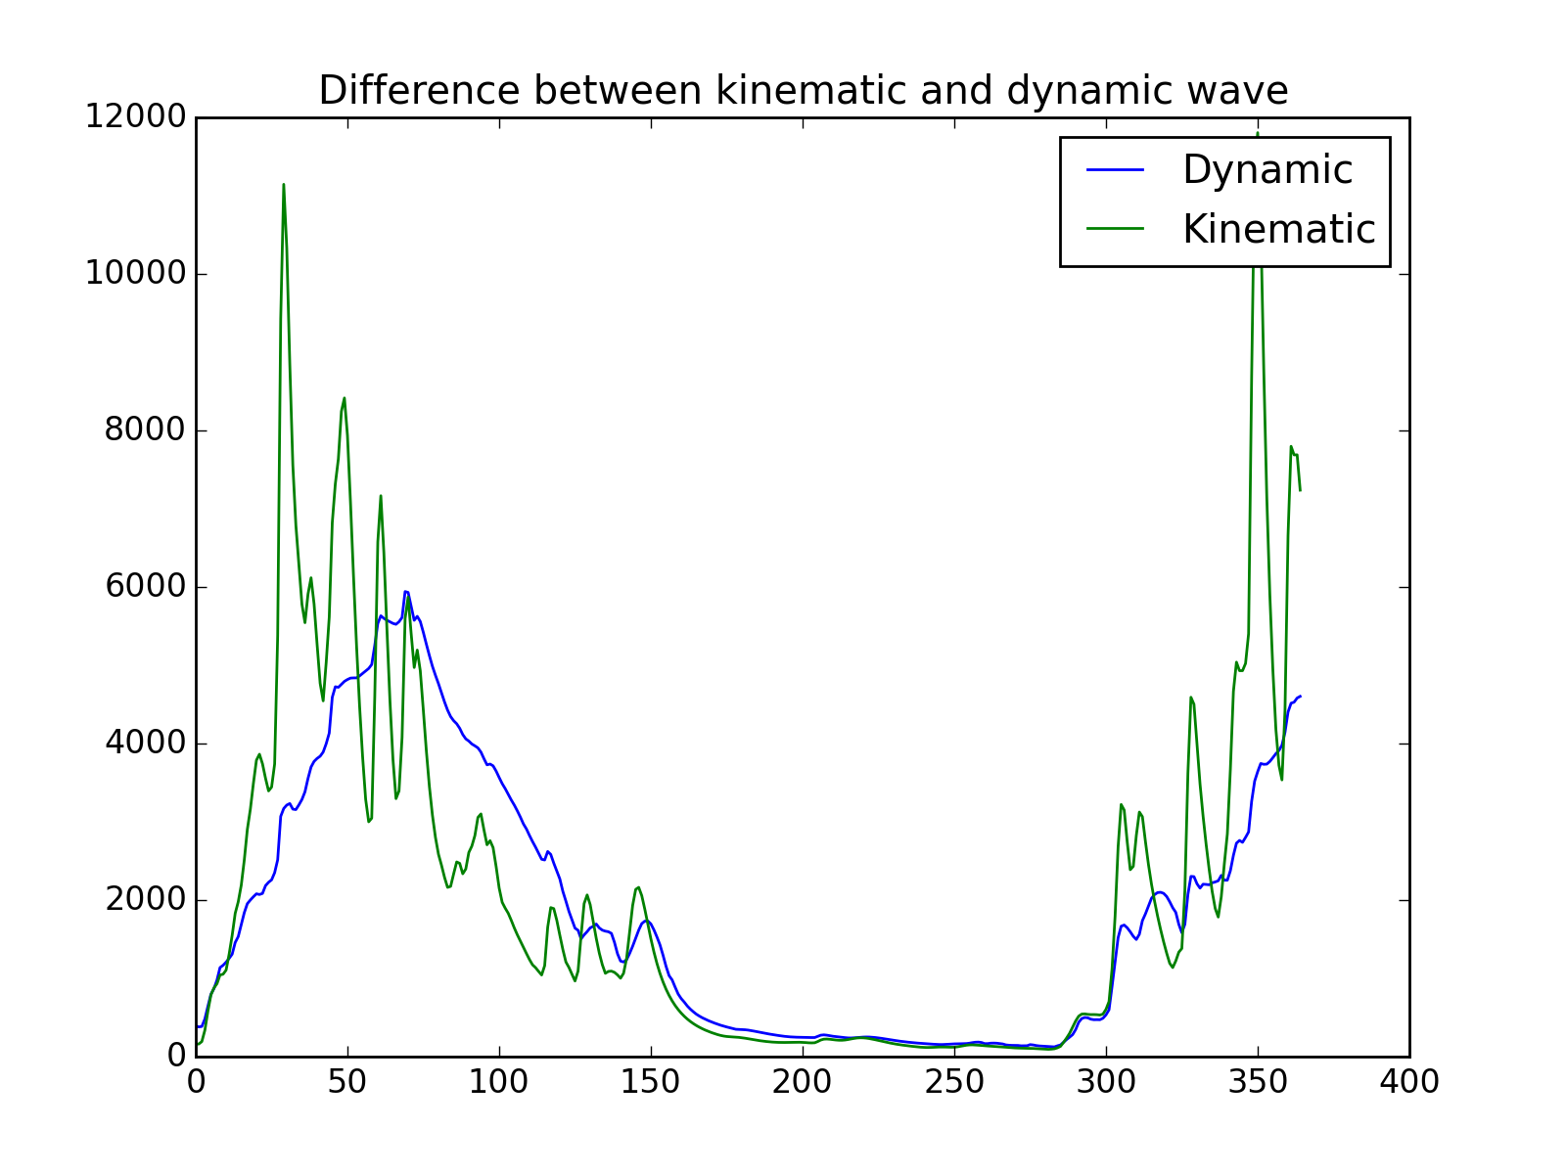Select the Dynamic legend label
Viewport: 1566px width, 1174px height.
[1267, 170]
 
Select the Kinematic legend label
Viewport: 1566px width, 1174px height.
[1278, 230]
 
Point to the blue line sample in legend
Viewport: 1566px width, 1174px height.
[1115, 170]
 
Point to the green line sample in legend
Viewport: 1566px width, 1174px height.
[1115, 229]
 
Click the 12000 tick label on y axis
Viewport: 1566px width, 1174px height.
[134, 117]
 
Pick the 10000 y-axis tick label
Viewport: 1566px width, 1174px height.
[134, 274]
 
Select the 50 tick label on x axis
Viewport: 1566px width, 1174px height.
[347, 1082]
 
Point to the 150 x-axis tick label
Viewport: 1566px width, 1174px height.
[651, 1082]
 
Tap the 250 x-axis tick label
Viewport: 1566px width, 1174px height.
[954, 1082]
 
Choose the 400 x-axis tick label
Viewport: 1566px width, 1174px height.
[1409, 1082]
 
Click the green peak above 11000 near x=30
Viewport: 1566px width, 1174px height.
[284, 185]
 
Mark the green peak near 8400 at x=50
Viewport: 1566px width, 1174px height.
[345, 398]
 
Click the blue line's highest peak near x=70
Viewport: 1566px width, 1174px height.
[406, 591]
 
